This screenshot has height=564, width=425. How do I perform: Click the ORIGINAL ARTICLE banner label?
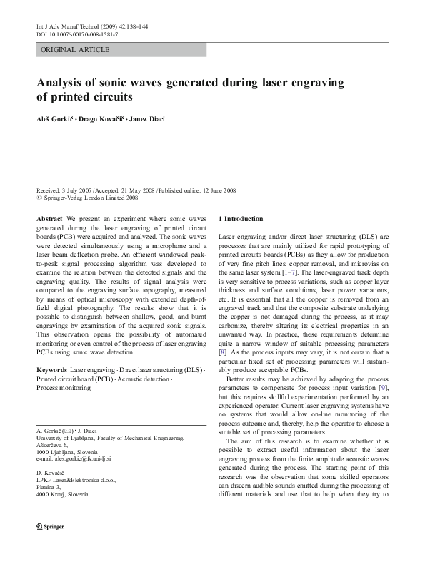75,50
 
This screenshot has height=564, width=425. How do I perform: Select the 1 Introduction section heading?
241,218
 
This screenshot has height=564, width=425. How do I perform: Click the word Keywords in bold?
51,371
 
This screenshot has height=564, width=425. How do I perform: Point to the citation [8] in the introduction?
222,352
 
